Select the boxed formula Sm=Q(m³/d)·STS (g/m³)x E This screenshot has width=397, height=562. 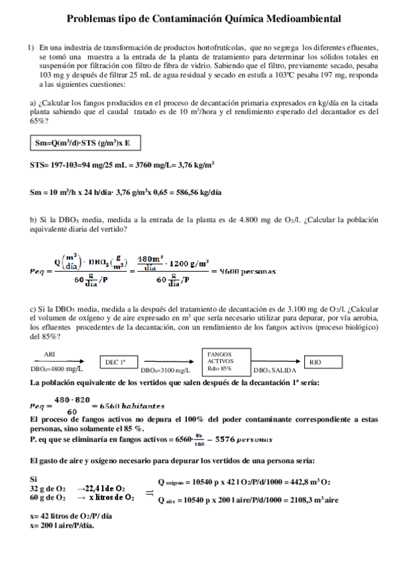tap(86, 142)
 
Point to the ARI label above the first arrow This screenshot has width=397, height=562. tap(49, 355)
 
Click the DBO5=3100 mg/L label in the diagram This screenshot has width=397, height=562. tap(165, 370)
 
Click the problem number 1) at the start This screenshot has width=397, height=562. tap(30, 48)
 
